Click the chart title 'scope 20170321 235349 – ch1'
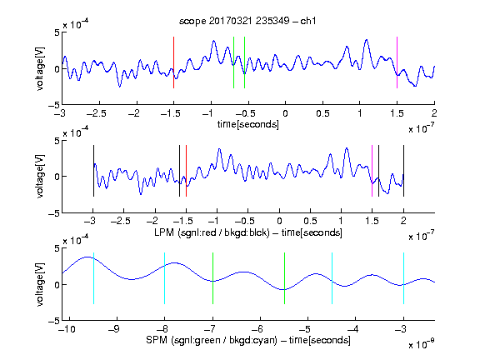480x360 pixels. (247, 21)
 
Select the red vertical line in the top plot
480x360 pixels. (173, 62)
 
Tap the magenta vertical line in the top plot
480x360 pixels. (397, 62)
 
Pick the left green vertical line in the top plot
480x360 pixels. (233, 62)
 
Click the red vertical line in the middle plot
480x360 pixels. (186, 171)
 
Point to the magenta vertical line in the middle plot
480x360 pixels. (372, 171)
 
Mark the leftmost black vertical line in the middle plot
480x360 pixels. (93, 171)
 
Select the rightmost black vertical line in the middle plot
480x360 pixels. (403, 171)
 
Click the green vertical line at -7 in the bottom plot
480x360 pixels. (212, 278)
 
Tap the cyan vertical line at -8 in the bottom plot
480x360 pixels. (164, 278)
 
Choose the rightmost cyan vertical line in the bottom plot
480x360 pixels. (403, 278)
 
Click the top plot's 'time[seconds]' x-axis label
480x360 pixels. (248, 124)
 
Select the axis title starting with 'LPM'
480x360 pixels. (248, 232)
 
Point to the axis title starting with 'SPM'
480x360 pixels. (248, 340)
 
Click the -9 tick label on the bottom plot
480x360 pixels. (114, 329)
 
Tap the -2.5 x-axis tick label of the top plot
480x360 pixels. (97, 113)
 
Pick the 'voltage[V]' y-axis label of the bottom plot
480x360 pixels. (40, 284)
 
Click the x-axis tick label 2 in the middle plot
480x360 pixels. (403, 221)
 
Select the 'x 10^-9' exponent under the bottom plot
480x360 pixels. (422, 344)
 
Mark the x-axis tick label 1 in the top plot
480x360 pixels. (360, 113)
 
